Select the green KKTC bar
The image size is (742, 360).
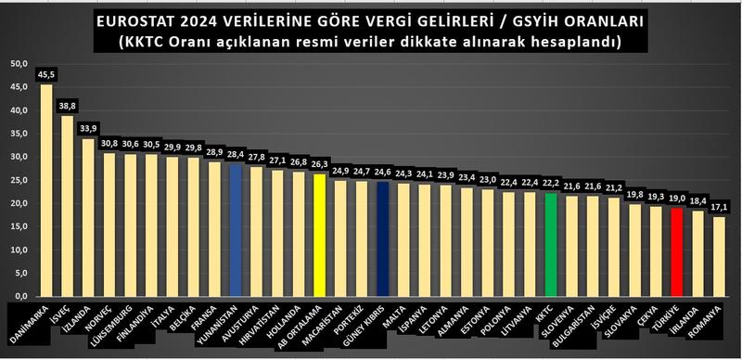click(551, 245)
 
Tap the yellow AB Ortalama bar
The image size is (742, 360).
click(318, 236)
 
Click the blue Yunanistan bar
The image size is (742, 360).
click(235, 231)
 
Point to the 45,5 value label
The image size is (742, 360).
click(45, 73)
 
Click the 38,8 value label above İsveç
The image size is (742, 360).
click(67, 106)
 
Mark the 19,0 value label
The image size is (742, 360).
click(676, 199)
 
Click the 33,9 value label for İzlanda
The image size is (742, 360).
click(88, 129)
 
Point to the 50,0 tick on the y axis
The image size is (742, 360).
click(19, 64)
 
